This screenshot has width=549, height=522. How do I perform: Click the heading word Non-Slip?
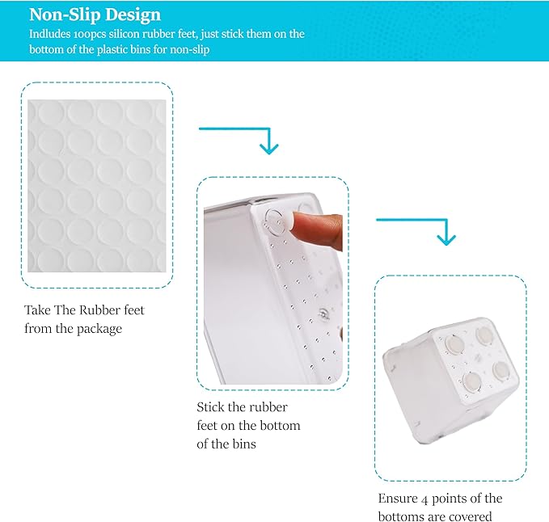(65, 15)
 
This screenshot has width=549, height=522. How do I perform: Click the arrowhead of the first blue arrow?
(269, 148)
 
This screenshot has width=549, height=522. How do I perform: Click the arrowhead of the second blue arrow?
(446, 239)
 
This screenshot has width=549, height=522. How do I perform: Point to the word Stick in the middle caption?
(210, 407)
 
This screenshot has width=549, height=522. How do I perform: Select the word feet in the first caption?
(133, 310)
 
